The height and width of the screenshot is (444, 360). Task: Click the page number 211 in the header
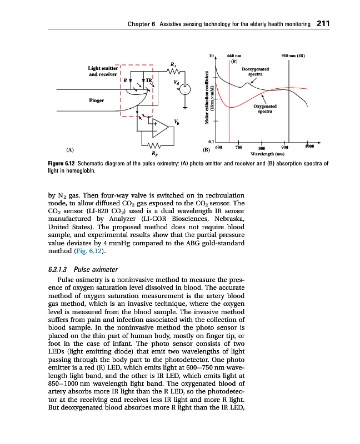323,24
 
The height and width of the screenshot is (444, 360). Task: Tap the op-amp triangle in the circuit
161,129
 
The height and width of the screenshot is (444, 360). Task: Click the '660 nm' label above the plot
234,56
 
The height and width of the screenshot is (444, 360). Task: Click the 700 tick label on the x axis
238,148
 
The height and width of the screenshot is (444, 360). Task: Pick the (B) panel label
206,150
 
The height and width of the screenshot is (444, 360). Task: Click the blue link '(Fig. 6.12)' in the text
88,251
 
